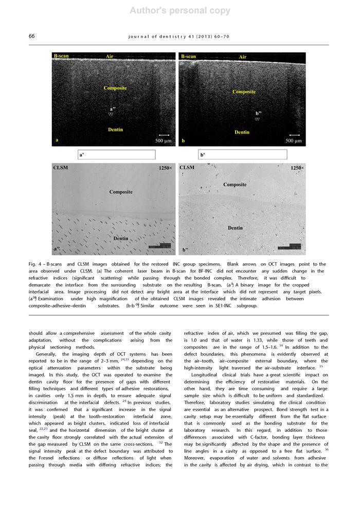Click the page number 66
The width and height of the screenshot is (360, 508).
[x=31, y=36]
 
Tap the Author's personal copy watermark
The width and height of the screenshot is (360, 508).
[x=180, y=11]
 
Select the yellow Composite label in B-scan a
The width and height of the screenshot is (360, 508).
[x=115, y=88]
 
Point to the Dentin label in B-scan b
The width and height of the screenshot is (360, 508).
[x=242, y=132]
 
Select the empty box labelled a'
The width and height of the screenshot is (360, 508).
[x=116, y=154]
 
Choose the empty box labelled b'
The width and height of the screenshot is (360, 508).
[x=243, y=154]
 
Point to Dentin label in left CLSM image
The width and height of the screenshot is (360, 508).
[x=120, y=239]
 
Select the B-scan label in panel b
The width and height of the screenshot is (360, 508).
[x=188, y=57]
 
